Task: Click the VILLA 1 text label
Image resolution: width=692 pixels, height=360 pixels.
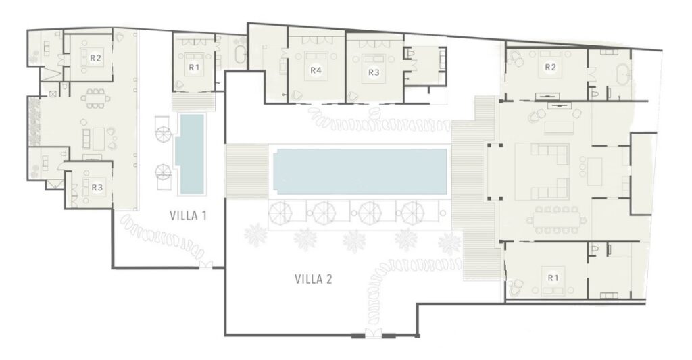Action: point(188,215)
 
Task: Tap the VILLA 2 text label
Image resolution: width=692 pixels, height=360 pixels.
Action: point(313,279)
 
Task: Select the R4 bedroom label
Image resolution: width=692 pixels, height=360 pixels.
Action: point(315,70)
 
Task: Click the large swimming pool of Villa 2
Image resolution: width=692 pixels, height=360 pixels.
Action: point(360,171)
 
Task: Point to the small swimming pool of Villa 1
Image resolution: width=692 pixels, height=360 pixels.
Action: point(190,154)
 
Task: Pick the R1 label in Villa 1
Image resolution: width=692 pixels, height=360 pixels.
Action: point(194,67)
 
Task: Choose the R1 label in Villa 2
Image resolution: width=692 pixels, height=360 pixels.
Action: point(553,278)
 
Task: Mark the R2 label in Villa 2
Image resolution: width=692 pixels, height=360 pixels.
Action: point(550,67)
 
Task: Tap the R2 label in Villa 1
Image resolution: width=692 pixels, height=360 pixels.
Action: point(96,58)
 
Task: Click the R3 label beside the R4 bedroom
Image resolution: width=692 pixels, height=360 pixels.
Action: point(374,72)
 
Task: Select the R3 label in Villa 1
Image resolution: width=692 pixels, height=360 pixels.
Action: point(97,188)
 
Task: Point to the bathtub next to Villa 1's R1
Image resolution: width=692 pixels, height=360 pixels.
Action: point(240,55)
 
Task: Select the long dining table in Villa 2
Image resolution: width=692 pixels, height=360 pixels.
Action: point(556,220)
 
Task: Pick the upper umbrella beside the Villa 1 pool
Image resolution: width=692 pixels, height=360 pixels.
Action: point(164,134)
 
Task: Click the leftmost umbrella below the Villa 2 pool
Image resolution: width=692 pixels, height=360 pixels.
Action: point(280,213)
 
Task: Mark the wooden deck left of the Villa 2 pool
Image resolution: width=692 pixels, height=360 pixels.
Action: point(247,171)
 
